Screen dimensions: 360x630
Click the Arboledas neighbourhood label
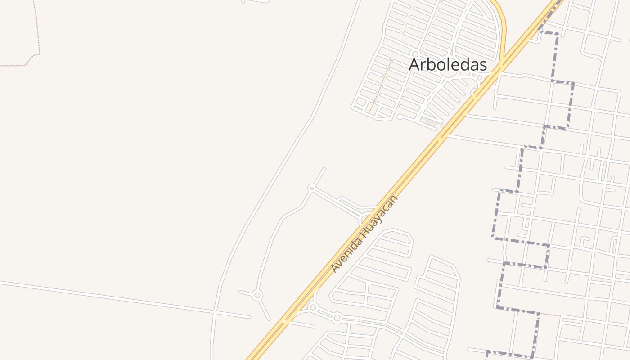pos(448,65)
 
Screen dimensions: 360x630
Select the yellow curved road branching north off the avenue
pos(504,27)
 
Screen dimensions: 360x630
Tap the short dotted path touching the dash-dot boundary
pos(550,314)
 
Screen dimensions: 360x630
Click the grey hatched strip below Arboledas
pos(432,122)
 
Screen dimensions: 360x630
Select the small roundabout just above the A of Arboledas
pos(415,54)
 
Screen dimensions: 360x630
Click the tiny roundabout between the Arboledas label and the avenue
pos(480,78)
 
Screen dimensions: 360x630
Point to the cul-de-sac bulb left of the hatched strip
pos(399,117)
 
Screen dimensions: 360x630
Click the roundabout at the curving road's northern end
pos(311,188)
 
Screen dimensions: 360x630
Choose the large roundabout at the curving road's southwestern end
pos(257,295)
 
